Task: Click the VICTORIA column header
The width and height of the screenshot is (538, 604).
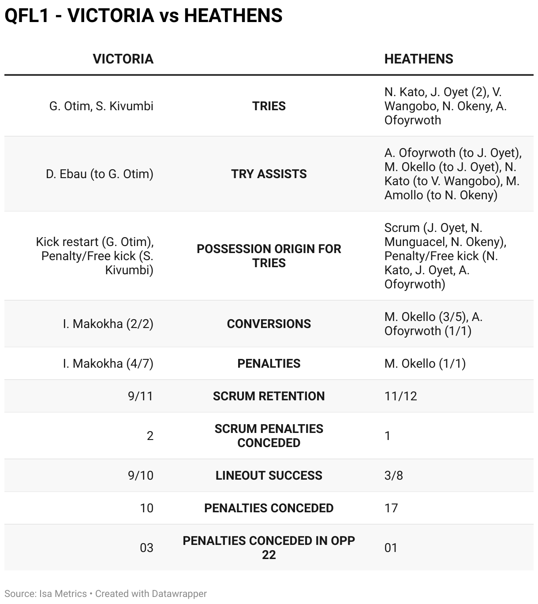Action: pyautogui.click(x=123, y=59)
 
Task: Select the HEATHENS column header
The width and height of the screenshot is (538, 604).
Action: pyautogui.click(x=418, y=59)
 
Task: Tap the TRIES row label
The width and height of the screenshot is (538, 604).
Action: pyautogui.click(x=269, y=106)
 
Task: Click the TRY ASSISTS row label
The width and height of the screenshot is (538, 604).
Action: pyautogui.click(x=269, y=174)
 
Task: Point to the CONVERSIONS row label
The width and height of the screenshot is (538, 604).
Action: pyautogui.click(x=269, y=324)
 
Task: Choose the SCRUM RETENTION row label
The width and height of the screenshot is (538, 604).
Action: pyautogui.click(x=269, y=396)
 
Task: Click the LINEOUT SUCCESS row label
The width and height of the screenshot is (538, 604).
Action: pyautogui.click(x=269, y=476)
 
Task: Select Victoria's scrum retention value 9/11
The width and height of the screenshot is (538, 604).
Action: pyautogui.click(x=140, y=396)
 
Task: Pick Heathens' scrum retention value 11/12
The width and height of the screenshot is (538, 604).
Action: pyautogui.click(x=400, y=396)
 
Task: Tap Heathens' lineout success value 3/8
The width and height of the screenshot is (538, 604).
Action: pyautogui.click(x=393, y=476)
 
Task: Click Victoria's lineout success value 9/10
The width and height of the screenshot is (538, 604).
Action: pyautogui.click(x=140, y=476)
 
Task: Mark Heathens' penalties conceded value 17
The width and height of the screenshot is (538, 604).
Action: pyautogui.click(x=391, y=508)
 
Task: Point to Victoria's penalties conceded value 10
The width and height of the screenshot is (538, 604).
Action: pyautogui.click(x=146, y=508)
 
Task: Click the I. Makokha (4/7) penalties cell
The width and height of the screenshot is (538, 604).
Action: pyautogui.click(x=108, y=364)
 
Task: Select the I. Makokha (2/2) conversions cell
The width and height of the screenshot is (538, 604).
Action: pyautogui.click(x=108, y=324)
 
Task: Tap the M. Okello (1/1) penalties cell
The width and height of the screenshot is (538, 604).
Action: pyautogui.click(x=425, y=364)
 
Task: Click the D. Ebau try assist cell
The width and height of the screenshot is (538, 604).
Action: pyautogui.click(x=100, y=174)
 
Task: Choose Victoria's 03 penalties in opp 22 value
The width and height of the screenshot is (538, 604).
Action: pyautogui.click(x=146, y=548)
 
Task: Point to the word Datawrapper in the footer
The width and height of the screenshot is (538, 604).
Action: pyautogui.click(x=179, y=594)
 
